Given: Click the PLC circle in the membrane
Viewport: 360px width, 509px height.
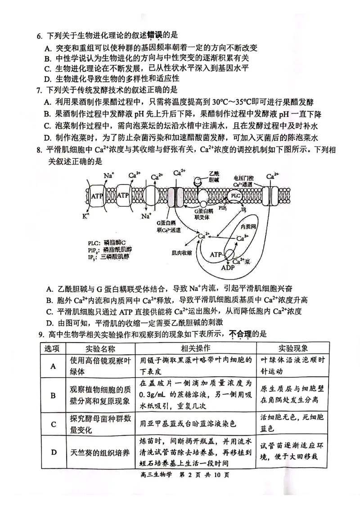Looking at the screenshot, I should (235, 196).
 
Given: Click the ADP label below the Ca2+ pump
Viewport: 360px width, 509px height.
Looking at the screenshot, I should (228, 267).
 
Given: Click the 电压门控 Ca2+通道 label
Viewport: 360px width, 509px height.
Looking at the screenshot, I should (243, 181).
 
